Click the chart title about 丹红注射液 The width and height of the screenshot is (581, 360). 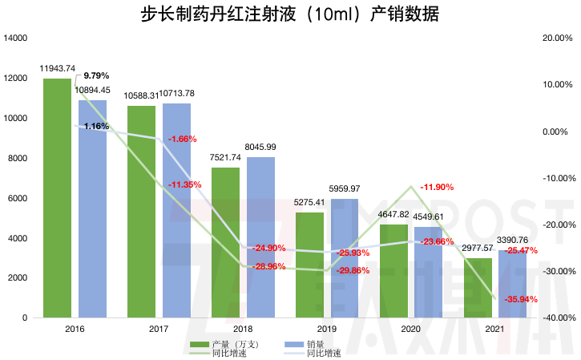pos(290,14)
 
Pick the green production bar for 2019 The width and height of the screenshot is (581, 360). pos(309,265)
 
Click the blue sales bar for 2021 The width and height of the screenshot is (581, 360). pos(513,284)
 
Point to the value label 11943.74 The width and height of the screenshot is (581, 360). pos(58,68)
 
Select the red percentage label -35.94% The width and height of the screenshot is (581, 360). pos(521,299)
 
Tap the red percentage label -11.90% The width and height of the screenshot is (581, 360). pos(436,188)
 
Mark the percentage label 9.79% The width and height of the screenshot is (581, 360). pos(96,76)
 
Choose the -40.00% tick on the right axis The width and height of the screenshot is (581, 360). pos(559,318)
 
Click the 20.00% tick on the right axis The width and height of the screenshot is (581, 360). pos(559,38)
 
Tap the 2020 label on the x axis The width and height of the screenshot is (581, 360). pos(411,330)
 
